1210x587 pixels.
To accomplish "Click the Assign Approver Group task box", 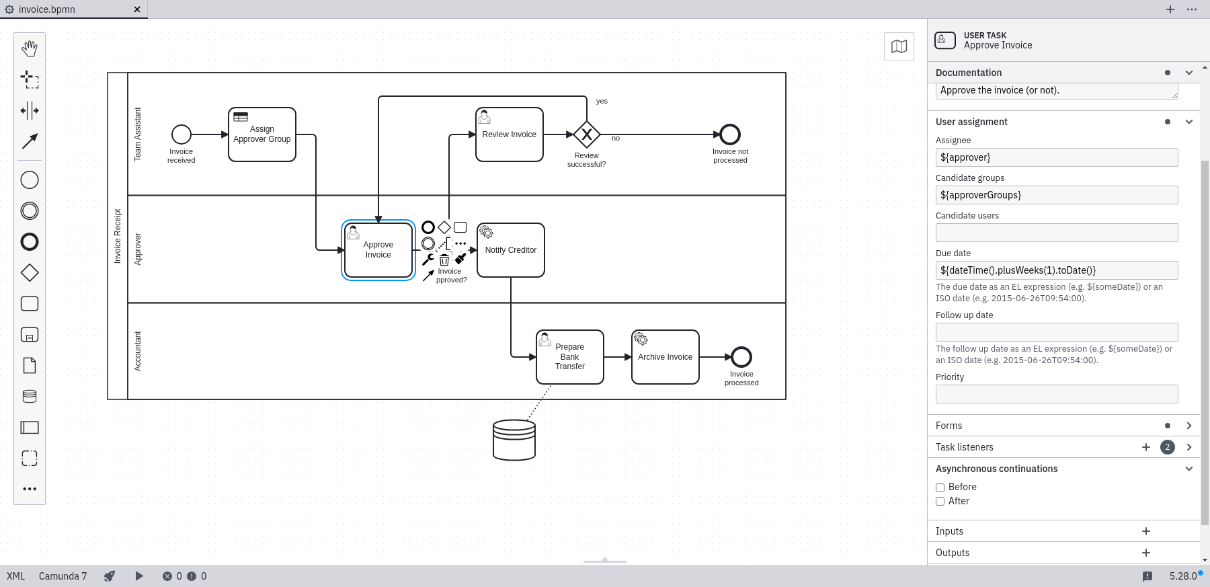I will pyautogui.click(x=262, y=134).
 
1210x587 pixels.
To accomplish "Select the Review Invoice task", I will pyautogui.click(x=509, y=134).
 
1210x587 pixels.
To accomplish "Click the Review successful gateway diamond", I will pyautogui.click(x=587, y=134).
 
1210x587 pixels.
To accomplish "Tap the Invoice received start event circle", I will pyautogui.click(x=182, y=134).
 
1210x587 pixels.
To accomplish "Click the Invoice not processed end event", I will pyautogui.click(x=730, y=134).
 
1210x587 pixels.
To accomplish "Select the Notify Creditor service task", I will pyautogui.click(x=511, y=250).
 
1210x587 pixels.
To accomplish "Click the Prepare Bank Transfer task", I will pyautogui.click(x=570, y=357).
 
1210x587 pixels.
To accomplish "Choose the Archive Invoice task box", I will pyautogui.click(x=665, y=357).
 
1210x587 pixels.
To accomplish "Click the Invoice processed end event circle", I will pyautogui.click(x=741, y=357).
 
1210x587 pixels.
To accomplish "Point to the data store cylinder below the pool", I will pyautogui.click(x=514, y=440).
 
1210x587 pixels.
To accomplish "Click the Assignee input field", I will pyautogui.click(x=1057, y=157).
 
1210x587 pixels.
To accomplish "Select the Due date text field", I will pyautogui.click(x=1057, y=270).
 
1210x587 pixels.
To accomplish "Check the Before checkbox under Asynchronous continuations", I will pyautogui.click(x=940, y=487).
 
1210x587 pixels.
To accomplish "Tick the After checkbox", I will pyautogui.click(x=940, y=502).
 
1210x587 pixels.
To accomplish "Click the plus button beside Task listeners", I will pyautogui.click(x=1146, y=447).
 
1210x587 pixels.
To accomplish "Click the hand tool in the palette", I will pyautogui.click(x=30, y=48).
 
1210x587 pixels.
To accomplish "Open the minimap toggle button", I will pyautogui.click(x=899, y=46).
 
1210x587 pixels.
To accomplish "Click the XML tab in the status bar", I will pyautogui.click(x=15, y=576).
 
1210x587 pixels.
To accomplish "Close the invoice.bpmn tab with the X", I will pyautogui.click(x=137, y=9).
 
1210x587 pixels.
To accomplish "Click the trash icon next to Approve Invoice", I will pyautogui.click(x=444, y=260).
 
